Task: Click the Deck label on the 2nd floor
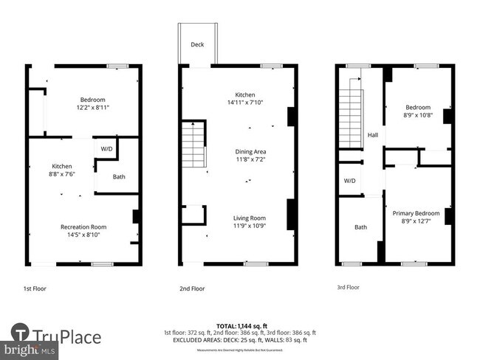(x=197, y=44)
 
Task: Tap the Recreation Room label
(x=83, y=226)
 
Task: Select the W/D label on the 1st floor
(x=106, y=149)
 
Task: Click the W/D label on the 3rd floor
(x=349, y=181)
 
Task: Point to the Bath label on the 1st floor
(x=119, y=177)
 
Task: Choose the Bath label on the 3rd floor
(x=360, y=227)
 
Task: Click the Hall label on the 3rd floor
(x=374, y=135)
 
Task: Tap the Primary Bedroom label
(x=416, y=213)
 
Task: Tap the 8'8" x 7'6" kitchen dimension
(x=61, y=175)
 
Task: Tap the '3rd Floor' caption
(x=348, y=288)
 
